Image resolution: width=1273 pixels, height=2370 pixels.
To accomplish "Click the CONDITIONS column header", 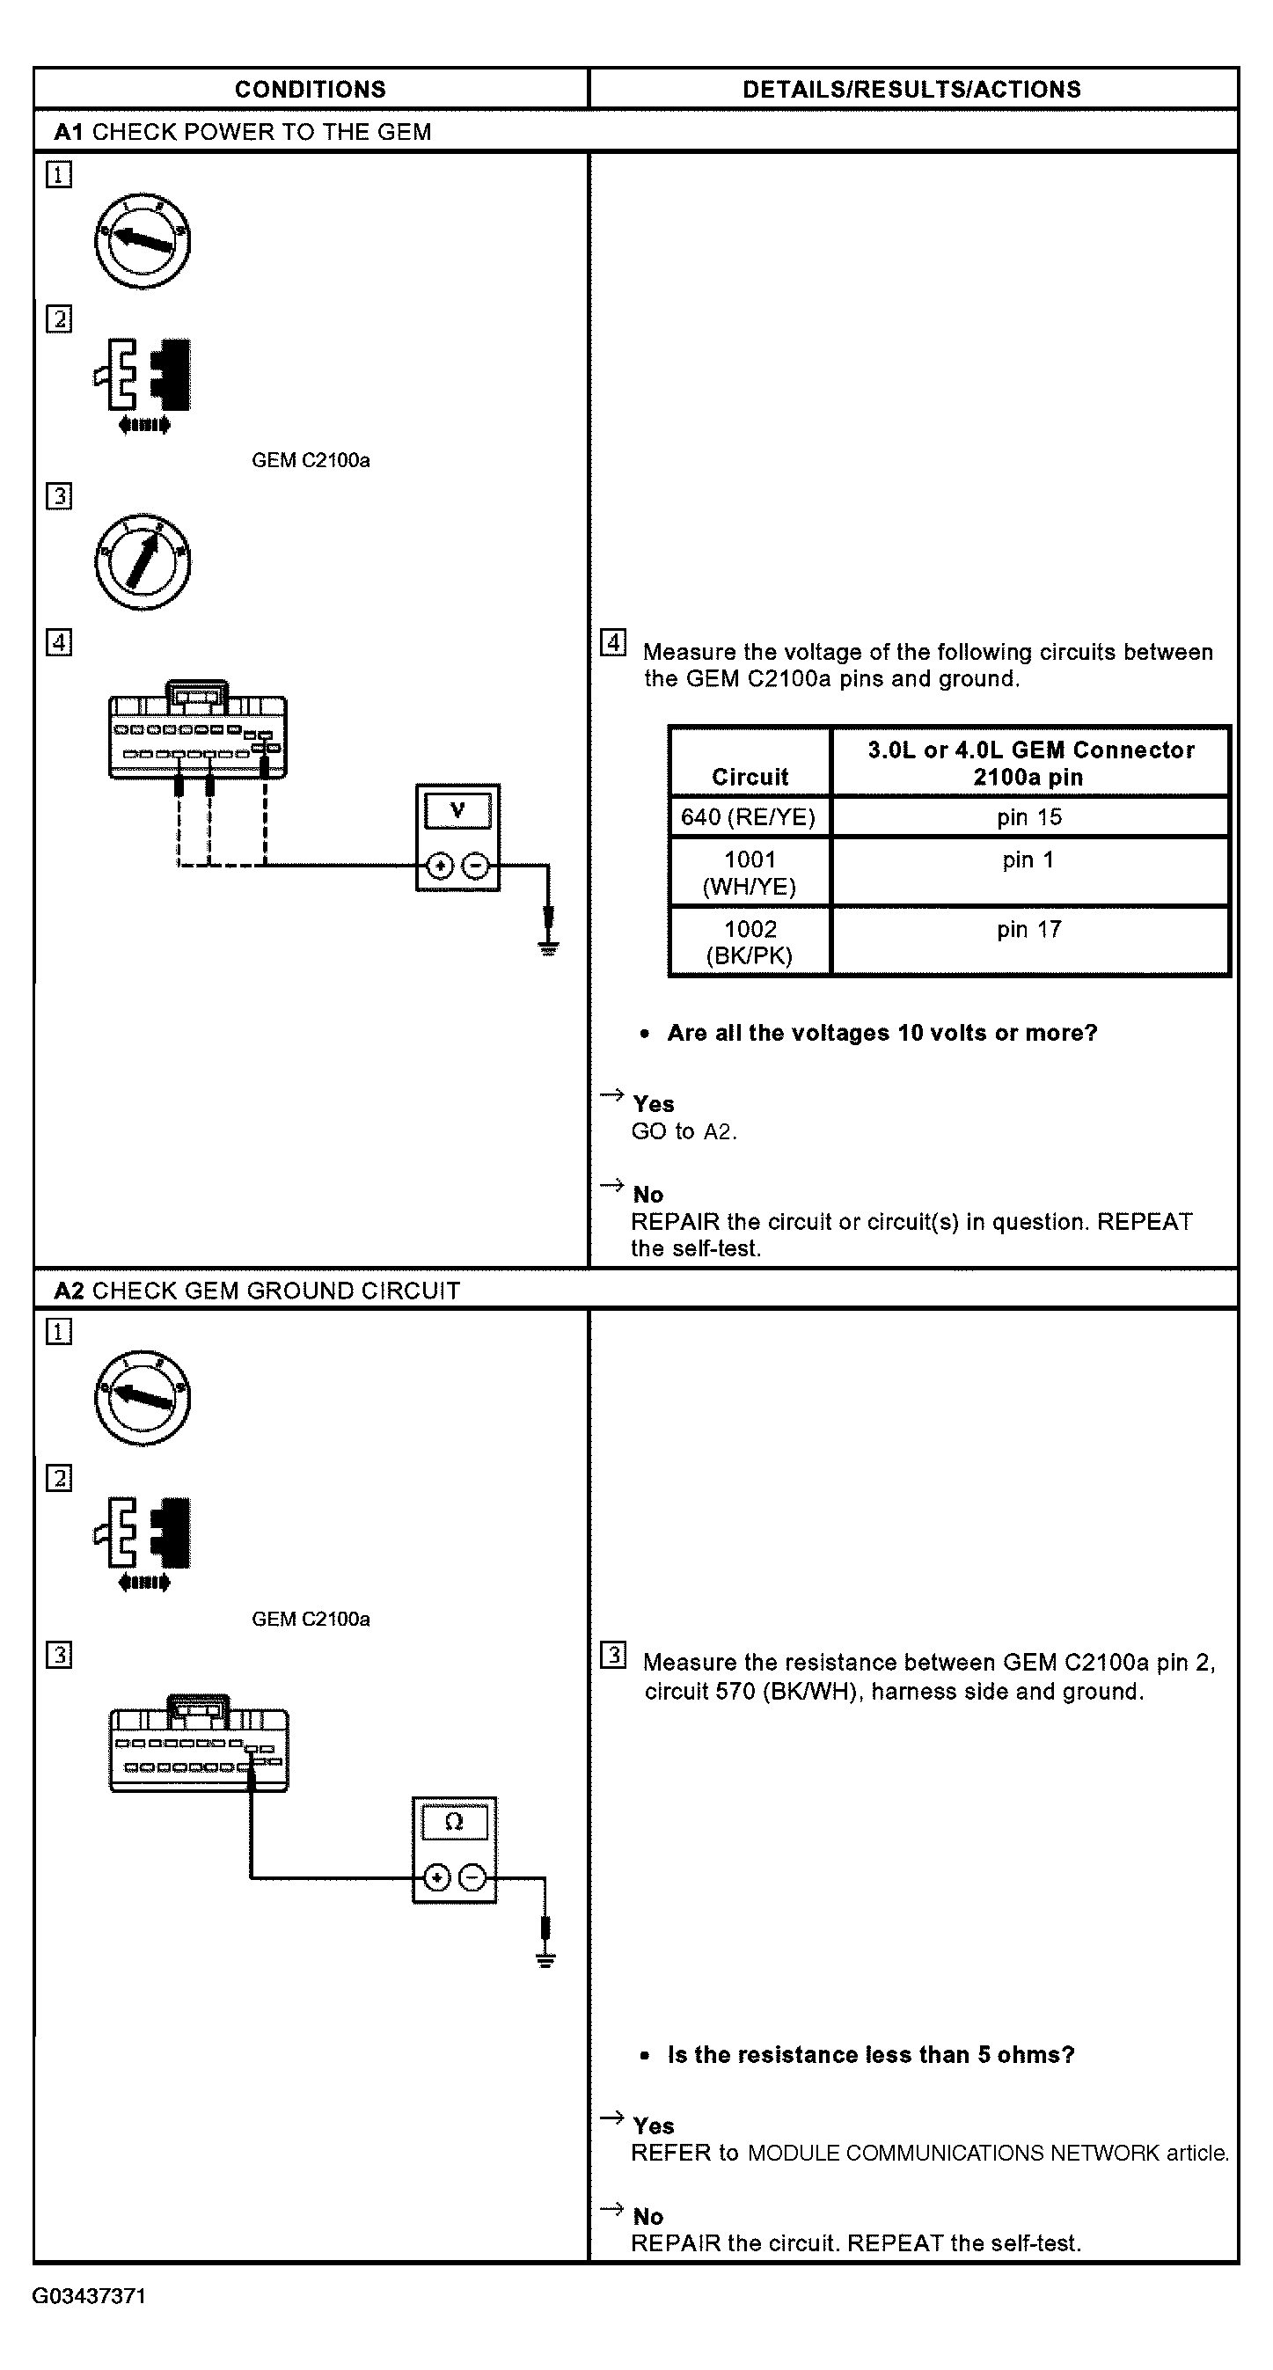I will pos(310,89).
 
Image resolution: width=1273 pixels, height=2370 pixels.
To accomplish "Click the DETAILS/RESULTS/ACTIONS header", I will pos(911,89).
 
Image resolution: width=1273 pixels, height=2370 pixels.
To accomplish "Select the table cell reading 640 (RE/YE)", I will pos(749,817).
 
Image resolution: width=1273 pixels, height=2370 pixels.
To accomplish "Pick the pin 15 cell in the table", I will pos(1029,817).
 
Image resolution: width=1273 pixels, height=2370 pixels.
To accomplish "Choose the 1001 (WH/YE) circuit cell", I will pos(750,872).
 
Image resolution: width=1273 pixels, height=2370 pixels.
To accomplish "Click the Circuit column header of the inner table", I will pos(750,777).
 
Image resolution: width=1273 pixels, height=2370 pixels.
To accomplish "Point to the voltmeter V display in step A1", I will pos(457,810).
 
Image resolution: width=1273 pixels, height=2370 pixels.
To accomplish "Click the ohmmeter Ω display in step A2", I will pos(453,1822).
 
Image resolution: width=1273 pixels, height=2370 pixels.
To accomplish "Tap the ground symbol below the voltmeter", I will pos(548,947).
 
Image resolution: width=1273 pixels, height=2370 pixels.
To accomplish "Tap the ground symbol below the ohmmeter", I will pos(545,1960).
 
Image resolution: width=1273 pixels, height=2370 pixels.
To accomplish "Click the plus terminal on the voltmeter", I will pos(441,866).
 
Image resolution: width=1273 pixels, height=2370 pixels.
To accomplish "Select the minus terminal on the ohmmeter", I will pos(472,1876).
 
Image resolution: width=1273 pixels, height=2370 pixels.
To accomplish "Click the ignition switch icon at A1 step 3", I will pos(143,561).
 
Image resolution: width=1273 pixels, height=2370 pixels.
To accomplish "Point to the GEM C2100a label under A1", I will pos(311,460).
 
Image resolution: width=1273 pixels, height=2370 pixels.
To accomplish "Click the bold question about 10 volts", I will pos(882,1032).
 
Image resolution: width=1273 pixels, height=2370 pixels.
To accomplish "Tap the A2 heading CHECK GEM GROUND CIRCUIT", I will pos(258,1290).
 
